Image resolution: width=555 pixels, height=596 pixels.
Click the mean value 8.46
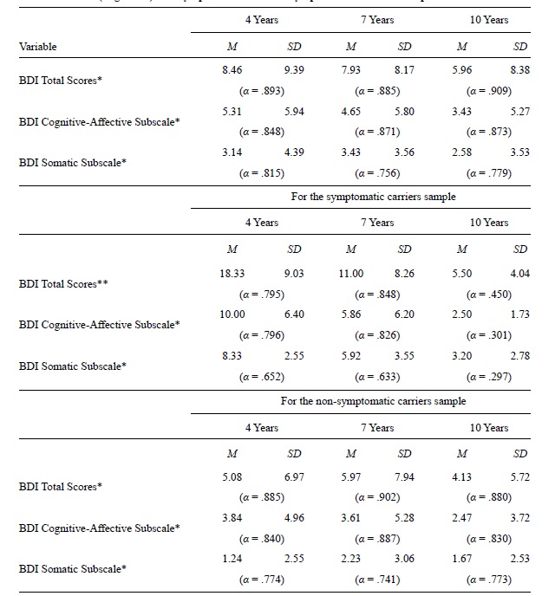pos(232,70)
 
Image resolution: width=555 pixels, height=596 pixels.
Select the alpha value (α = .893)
pos(262,90)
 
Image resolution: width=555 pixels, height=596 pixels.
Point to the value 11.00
pos(350,273)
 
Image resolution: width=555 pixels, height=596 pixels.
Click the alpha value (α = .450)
pos(489,294)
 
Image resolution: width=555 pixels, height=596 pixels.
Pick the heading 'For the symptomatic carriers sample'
pos(373,197)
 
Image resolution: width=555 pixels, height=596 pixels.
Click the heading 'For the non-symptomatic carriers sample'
pos(373,401)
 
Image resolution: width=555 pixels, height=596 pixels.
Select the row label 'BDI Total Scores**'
pos(63,283)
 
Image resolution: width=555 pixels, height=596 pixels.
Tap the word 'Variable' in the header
pos(37,47)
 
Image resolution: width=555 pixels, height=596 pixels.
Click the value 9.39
pos(294,70)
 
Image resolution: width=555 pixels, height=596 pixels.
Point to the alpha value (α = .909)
pos(489,90)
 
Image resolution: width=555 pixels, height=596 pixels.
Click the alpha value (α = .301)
pos(489,335)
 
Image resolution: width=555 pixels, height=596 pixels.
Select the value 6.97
pos(294,477)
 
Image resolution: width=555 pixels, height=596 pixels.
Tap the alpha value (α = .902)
pos(376,497)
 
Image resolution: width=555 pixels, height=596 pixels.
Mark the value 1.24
pos(232,559)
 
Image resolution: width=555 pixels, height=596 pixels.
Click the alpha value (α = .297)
pos(489,376)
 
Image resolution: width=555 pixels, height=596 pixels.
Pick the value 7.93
pos(350,70)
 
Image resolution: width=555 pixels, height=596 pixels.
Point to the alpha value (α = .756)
pos(376,172)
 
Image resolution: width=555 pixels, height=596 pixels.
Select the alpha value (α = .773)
pos(489,580)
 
